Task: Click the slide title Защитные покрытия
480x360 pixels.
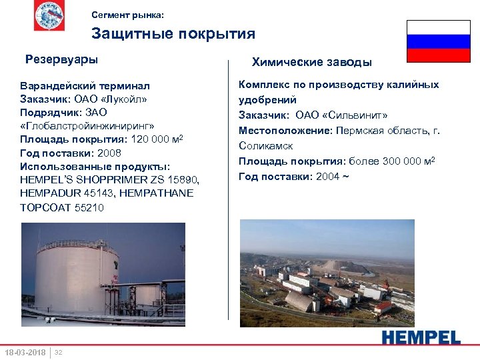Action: tap(173, 33)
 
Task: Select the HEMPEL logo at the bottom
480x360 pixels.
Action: tap(421, 337)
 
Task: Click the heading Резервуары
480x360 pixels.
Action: tap(61, 59)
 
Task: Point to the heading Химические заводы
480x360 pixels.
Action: tap(311, 63)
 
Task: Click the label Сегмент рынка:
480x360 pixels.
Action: tap(126, 14)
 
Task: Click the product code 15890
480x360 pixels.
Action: tap(184, 180)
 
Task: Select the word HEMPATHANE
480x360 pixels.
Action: tap(160, 193)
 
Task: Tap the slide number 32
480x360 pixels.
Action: tap(59, 352)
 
